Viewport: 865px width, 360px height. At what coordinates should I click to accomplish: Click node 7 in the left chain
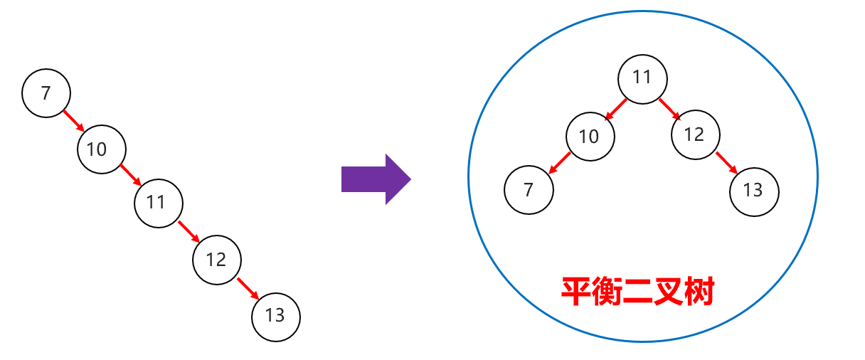pos(46,92)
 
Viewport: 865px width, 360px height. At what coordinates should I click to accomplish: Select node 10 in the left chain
pos(102,149)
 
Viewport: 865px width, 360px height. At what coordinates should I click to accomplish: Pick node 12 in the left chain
pos(217,260)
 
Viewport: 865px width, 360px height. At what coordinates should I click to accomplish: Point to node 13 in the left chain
pos(276,316)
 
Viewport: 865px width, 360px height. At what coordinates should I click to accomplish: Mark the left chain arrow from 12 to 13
pos(247,288)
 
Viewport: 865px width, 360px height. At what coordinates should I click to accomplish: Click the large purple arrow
pos(376,179)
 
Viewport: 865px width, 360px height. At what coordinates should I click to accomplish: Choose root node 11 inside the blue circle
pos(642,78)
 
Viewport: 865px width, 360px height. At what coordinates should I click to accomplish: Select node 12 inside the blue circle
pos(695,134)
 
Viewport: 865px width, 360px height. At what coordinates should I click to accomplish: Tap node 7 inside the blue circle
pos(529,190)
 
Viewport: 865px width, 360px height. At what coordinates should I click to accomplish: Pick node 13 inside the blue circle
pos(754,191)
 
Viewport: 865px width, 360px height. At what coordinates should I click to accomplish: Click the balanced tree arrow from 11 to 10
pos(616,108)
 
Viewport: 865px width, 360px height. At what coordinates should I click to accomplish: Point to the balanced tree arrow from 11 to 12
pos(669,108)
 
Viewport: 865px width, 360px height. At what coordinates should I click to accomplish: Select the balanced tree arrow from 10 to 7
pos(560,163)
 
